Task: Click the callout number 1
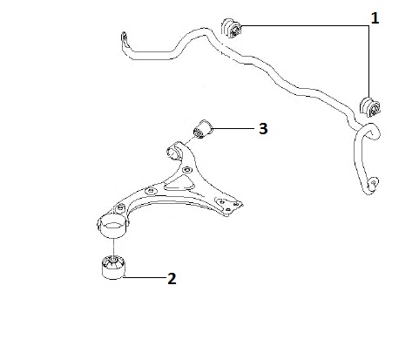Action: click(x=375, y=18)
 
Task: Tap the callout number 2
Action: click(x=172, y=278)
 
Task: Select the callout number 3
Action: click(x=263, y=128)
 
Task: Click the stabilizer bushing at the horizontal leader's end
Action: click(x=232, y=28)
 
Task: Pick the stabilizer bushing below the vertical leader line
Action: click(x=370, y=106)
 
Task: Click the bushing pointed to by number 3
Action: click(x=203, y=129)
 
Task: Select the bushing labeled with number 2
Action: click(x=113, y=267)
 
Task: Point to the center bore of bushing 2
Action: click(x=112, y=258)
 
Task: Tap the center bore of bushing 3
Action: click(x=199, y=132)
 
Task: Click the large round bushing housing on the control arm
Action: click(x=112, y=226)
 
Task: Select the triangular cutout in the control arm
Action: click(x=179, y=184)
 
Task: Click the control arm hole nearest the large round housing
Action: click(x=119, y=208)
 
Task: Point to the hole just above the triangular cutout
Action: click(x=187, y=170)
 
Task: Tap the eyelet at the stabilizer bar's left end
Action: click(x=124, y=37)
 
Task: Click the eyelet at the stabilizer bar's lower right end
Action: click(x=373, y=182)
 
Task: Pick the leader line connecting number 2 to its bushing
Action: click(x=145, y=277)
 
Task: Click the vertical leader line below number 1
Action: click(x=369, y=61)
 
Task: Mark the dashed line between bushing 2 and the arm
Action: click(x=113, y=247)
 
